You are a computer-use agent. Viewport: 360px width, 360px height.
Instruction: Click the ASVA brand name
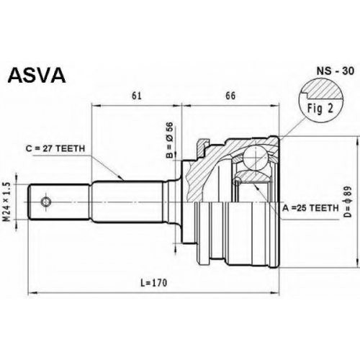(37, 76)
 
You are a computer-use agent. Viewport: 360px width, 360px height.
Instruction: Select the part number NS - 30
(336, 71)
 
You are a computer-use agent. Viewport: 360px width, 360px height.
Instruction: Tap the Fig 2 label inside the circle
(320, 109)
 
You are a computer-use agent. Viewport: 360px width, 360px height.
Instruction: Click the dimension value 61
(137, 96)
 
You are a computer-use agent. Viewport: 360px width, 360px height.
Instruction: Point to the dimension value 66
(230, 96)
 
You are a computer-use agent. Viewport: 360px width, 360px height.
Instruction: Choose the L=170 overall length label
(153, 283)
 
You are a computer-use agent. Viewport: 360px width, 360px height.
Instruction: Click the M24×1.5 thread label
(8, 202)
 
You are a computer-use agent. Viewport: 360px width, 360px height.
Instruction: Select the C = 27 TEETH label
(55, 148)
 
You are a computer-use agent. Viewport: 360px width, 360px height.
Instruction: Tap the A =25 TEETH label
(310, 208)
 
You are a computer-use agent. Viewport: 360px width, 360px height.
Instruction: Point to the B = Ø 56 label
(169, 140)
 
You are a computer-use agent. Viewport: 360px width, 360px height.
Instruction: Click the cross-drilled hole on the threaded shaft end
(45, 202)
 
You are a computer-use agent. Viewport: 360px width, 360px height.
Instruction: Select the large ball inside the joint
(256, 157)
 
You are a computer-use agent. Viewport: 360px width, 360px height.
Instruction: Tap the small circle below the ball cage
(238, 181)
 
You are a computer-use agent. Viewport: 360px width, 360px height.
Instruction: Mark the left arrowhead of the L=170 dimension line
(32, 293)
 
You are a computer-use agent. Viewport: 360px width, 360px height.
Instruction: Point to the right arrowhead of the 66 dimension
(276, 105)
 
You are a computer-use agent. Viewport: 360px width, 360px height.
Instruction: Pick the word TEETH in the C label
(71, 148)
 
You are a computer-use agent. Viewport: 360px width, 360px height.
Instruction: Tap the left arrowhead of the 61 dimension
(96, 105)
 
